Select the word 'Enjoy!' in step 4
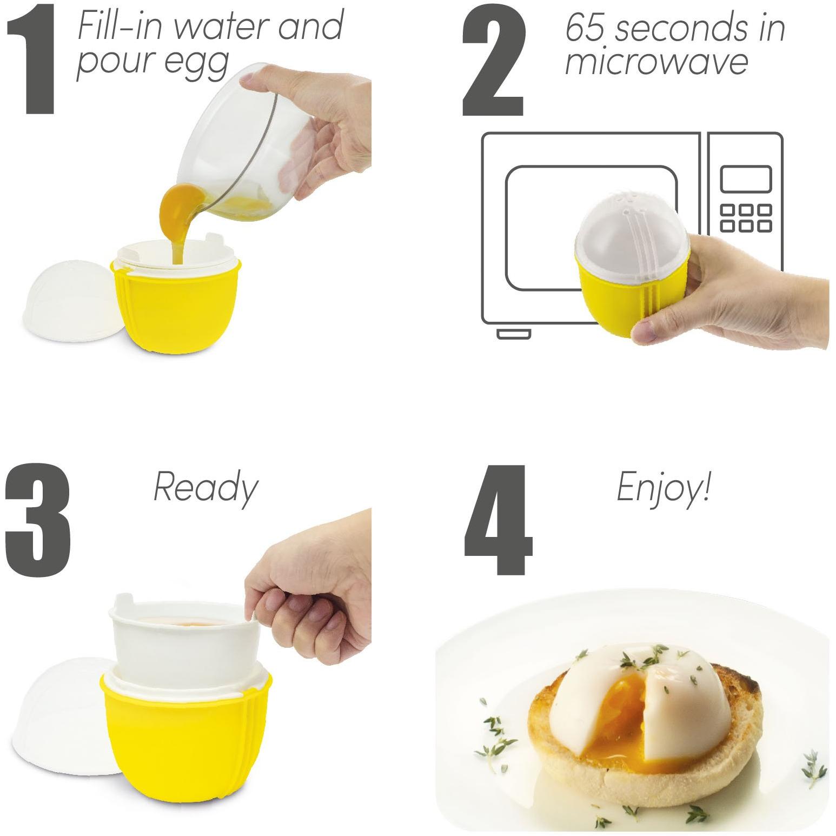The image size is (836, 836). (x=663, y=487)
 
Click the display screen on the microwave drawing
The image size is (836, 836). (x=745, y=180)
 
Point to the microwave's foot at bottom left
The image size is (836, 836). (x=514, y=334)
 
